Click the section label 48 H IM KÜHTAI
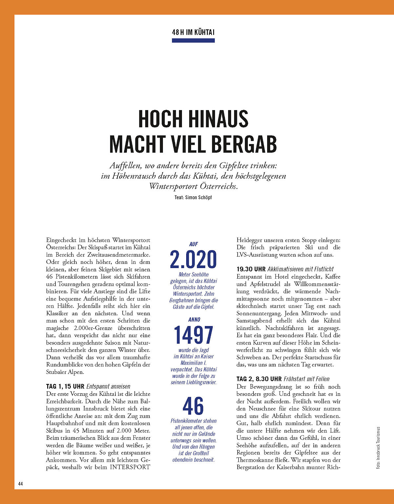click(x=193, y=32)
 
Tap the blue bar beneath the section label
click(x=193, y=41)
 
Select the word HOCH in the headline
click(x=160, y=119)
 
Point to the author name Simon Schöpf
click(x=198, y=197)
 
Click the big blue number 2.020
click(x=193, y=259)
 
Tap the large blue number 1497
click(x=193, y=335)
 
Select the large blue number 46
click(x=193, y=406)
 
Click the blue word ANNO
click(x=194, y=320)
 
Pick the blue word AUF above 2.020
click(x=193, y=244)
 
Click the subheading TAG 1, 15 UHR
click(x=65, y=386)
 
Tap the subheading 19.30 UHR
click(x=251, y=269)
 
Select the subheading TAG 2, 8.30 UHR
click(x=259, y=379)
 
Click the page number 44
click(x=20, y=484)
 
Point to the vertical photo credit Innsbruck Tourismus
click(x=378, y=447)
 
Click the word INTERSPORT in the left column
click(x=130, y=467)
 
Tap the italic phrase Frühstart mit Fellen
click(x=306, y=379)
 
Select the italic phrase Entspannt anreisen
click(x=108, y=386)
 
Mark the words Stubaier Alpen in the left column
click(x=65, y=372)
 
